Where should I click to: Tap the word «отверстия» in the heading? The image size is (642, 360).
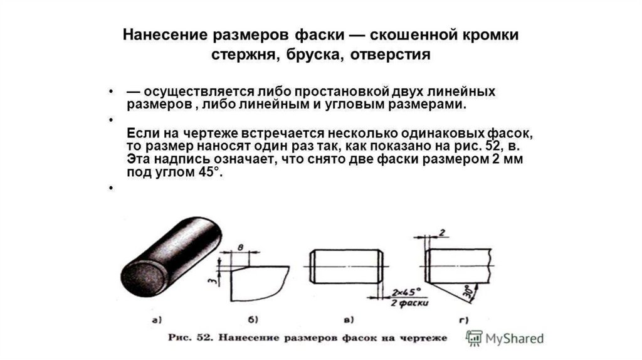coord(390,55)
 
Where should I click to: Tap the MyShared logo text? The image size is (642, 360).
coord(513,339)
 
